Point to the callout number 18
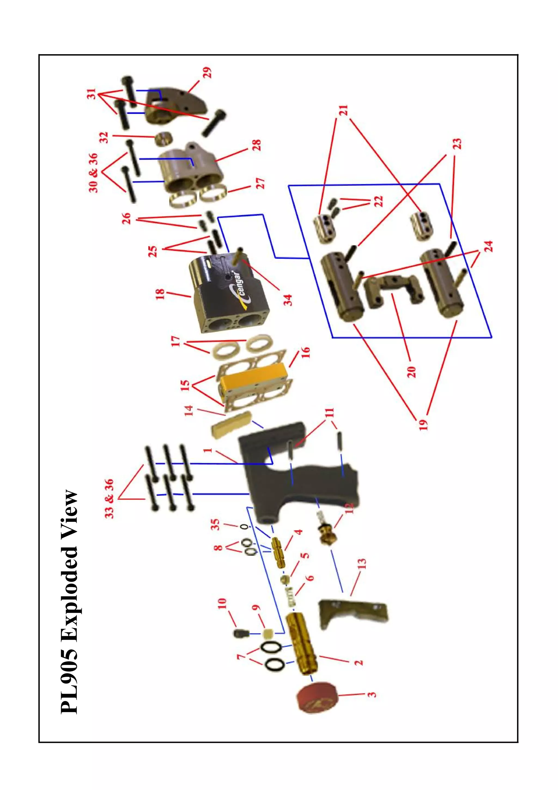point(160,294)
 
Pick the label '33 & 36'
point(109,499)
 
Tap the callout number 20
point(411,372)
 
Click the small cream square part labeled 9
point(268,633)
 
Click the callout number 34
point(288,300)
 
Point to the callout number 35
point(216,524)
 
